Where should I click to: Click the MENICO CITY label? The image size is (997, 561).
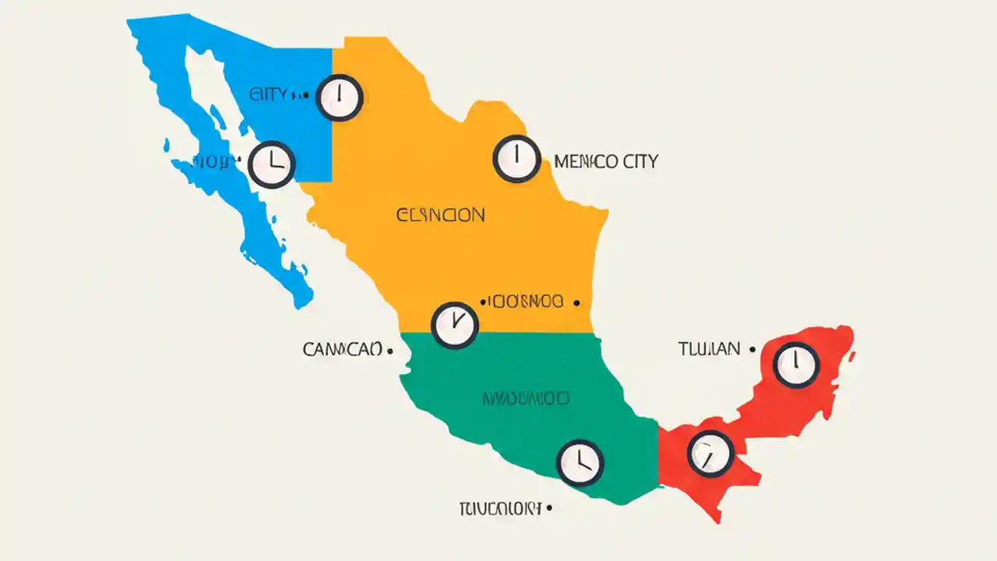[606, 162]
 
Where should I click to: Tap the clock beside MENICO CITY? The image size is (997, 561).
[516, 159]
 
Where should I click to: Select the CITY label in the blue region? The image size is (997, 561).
[269, 95]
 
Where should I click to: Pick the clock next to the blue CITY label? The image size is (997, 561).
[340, 97]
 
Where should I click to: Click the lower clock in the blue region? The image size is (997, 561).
[272, 164]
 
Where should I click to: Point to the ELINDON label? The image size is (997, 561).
[440, 214]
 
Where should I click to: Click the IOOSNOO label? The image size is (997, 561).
[524, 302]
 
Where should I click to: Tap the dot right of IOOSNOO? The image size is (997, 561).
[576, 302]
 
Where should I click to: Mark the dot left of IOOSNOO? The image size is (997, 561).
[482, 301]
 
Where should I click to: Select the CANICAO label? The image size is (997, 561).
[342, 350]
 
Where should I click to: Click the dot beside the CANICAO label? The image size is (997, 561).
[389, 351]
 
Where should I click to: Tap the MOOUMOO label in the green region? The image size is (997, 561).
[526, 399]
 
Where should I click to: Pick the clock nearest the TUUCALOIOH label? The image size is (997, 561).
[580, 463]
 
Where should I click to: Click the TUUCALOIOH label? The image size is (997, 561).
[498, 509]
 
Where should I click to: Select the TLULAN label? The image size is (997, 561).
[709, 349]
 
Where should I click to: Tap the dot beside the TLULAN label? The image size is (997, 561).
[752, 350]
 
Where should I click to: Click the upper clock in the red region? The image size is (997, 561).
[796, 365]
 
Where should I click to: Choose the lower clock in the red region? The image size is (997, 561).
[710, 453]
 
